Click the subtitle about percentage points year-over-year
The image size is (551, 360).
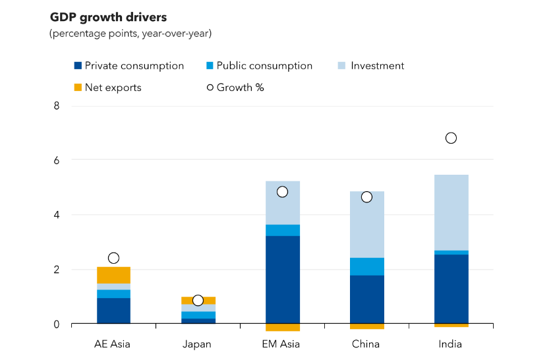coord(130,33)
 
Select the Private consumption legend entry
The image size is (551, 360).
coord(129,66)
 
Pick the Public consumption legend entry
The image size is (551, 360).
coord(259,66)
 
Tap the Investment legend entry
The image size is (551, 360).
coord(370,66)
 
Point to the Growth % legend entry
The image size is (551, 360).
coord(235,88)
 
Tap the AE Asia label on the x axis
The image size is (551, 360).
coord(113,344)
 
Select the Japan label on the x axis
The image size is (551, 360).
coord(198,344)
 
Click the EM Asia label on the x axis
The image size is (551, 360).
coord(282,344)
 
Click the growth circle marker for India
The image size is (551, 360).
coord(451,138)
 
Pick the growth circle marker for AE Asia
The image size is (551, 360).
coord(113,258)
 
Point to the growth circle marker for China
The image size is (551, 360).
coord(367,196)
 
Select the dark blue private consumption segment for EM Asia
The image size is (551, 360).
coord(283,280)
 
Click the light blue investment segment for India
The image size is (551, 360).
coord(451,212)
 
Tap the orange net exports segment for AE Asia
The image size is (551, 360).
coord(113,275)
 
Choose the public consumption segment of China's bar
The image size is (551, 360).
coord(367,266)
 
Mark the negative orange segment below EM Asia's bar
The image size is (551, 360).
coord(283,327)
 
